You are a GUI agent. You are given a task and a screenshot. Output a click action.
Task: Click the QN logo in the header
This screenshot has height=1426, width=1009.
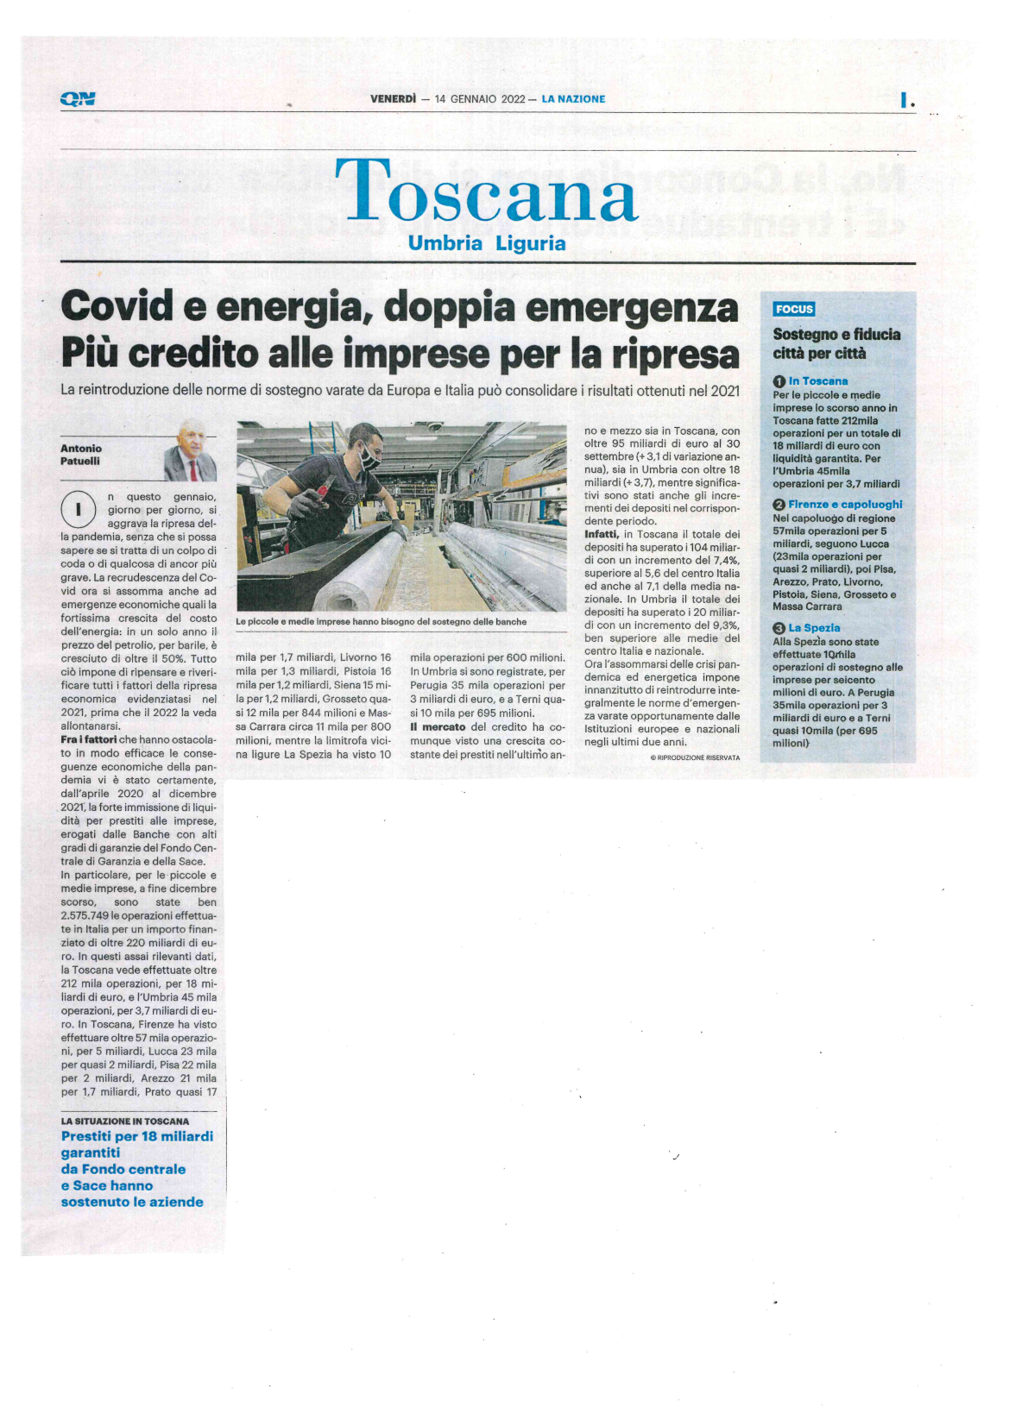coord(78,99)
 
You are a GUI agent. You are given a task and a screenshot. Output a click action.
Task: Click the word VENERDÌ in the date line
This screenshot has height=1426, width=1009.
coord(394,99)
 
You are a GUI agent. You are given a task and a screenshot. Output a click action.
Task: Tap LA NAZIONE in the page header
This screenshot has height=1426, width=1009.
coord(574,99)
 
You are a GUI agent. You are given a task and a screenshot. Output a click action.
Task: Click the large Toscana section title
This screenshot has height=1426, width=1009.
coord(486,192)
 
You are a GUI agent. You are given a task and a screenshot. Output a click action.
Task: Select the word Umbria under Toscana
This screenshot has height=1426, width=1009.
coord(445,243)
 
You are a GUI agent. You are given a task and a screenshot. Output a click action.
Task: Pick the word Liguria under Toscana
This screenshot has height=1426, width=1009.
coord(531,243)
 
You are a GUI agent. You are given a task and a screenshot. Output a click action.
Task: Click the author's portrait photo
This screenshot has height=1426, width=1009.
coord(190,451)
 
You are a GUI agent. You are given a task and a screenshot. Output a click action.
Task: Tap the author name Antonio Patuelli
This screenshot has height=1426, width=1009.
coord(81,455)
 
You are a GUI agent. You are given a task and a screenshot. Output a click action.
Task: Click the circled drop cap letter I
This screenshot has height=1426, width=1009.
coord(78,509)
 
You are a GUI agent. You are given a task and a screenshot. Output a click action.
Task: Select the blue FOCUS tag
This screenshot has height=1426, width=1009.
coord(794,309)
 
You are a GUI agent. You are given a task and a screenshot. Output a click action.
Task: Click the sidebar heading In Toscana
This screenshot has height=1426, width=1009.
coord(817,381)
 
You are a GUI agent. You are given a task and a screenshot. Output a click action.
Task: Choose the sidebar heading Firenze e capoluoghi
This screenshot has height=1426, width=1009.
coord(845,505)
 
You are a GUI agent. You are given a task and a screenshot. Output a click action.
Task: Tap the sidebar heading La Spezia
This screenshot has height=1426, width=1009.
coord(814,628)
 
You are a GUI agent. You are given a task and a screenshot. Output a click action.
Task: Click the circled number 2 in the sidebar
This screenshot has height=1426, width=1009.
coord(779,505)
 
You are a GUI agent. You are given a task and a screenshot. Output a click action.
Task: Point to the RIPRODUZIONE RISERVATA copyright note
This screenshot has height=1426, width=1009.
coord(695,757)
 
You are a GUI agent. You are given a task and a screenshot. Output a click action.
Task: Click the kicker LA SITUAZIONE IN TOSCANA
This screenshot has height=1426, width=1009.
coord(124,1121)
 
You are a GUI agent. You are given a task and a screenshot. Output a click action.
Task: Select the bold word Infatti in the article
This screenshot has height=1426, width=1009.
coord(601,535)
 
